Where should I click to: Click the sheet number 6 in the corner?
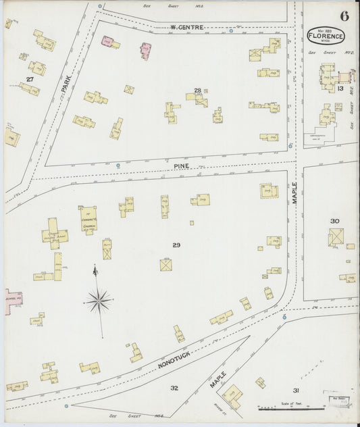(344, 17)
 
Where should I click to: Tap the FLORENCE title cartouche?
(325, 35)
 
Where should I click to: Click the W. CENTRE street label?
(186, 28)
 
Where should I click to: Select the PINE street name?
(181, 164)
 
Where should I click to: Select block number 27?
(29, 80)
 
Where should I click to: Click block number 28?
(197, 90)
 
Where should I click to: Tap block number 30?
(334, 221)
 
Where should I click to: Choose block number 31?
(295, 391)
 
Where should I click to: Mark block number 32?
(174, 388)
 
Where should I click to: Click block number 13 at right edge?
(340, 88)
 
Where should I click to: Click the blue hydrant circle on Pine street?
(118, 166)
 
